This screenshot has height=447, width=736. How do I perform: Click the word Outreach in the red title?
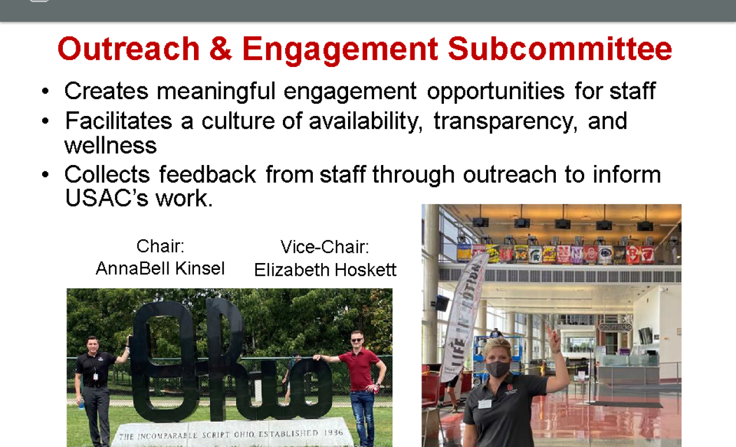(x=129, y=48)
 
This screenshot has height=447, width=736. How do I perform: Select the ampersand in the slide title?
(x=221, y=48)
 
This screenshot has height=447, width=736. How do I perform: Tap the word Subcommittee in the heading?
(x=560, y=48)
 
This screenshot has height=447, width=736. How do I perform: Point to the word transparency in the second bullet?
(x=505, y=122)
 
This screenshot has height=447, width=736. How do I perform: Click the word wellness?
(x=110, y=145)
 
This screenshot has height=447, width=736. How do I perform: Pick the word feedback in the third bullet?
(x=207, y=174)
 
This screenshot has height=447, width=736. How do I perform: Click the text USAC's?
(x=106, y=198)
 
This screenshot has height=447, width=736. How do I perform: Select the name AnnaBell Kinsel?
(x=160, y=268)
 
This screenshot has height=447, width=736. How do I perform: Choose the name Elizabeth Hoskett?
(x=325, y=270)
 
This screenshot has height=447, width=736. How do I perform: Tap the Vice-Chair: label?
(x=324, y=247)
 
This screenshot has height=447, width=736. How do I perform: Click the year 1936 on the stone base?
(x=334, y=433)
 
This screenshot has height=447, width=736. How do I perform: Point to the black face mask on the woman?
(x=498, y=369)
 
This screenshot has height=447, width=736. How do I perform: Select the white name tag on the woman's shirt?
(x=484, y=403)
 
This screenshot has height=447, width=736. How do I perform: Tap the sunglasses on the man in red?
(x=357, y=340)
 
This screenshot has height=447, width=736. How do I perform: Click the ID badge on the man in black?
(x=95, y=376)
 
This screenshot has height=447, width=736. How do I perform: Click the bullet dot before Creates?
(x=46, y=91)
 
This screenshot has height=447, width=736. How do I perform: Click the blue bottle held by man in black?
(x=81, y=404)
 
